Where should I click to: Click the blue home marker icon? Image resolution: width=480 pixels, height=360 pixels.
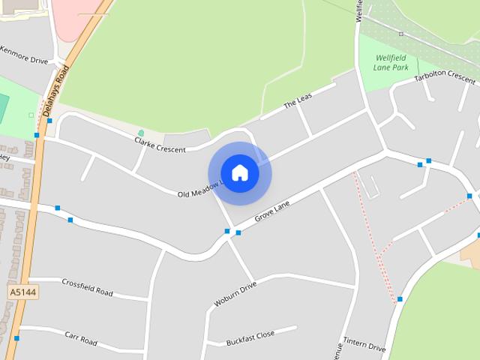coord(240,172)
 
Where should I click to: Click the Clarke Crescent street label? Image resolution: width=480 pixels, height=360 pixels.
coord(160,145)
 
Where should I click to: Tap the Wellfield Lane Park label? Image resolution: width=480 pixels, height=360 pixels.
coord(391,62)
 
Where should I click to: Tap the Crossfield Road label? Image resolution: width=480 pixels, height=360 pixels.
coord(87,287)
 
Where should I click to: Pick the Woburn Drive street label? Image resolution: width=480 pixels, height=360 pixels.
coord(235,294)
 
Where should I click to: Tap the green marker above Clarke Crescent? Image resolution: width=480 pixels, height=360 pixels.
coord(141,133)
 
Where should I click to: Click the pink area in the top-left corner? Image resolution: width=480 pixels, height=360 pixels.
coord(71,19)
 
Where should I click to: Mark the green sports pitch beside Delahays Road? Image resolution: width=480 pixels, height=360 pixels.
coord(4,109)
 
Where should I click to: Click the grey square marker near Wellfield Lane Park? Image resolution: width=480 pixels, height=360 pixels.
coord(401,34)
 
